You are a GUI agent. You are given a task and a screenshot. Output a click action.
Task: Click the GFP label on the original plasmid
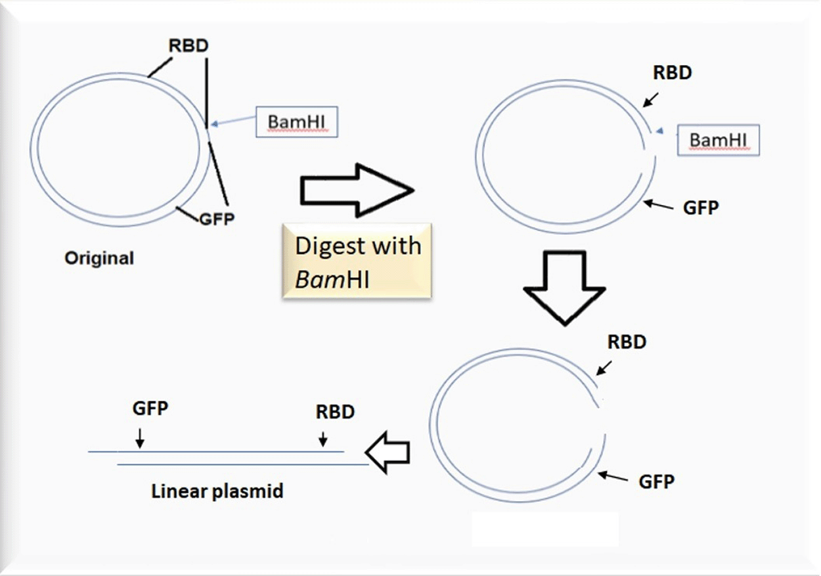point(217,219)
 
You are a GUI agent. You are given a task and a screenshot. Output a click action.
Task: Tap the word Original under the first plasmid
point(99,258)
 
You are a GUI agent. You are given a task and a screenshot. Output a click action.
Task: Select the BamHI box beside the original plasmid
point(296,123)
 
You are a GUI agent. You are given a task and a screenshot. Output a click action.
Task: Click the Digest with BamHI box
point(357,261)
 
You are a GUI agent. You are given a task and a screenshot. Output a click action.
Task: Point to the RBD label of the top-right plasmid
point(672,72)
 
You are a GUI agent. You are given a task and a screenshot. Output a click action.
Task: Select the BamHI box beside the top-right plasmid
point(718,141)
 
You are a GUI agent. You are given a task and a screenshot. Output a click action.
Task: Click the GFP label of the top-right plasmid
point(701,208)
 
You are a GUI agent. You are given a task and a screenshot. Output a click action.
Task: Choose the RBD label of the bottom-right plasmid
point(627,342)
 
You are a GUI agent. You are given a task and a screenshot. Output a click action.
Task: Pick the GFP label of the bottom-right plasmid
point(657,481)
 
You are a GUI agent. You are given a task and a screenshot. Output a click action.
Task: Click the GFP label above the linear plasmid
point(150,408)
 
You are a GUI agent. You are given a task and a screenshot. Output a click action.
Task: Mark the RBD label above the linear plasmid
point(335,412)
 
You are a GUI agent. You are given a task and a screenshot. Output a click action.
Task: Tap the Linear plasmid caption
point(217,491)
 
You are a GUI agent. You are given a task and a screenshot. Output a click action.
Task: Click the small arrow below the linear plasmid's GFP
point(140,438)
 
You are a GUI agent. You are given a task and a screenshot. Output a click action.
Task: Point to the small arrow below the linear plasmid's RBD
point(322,439)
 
